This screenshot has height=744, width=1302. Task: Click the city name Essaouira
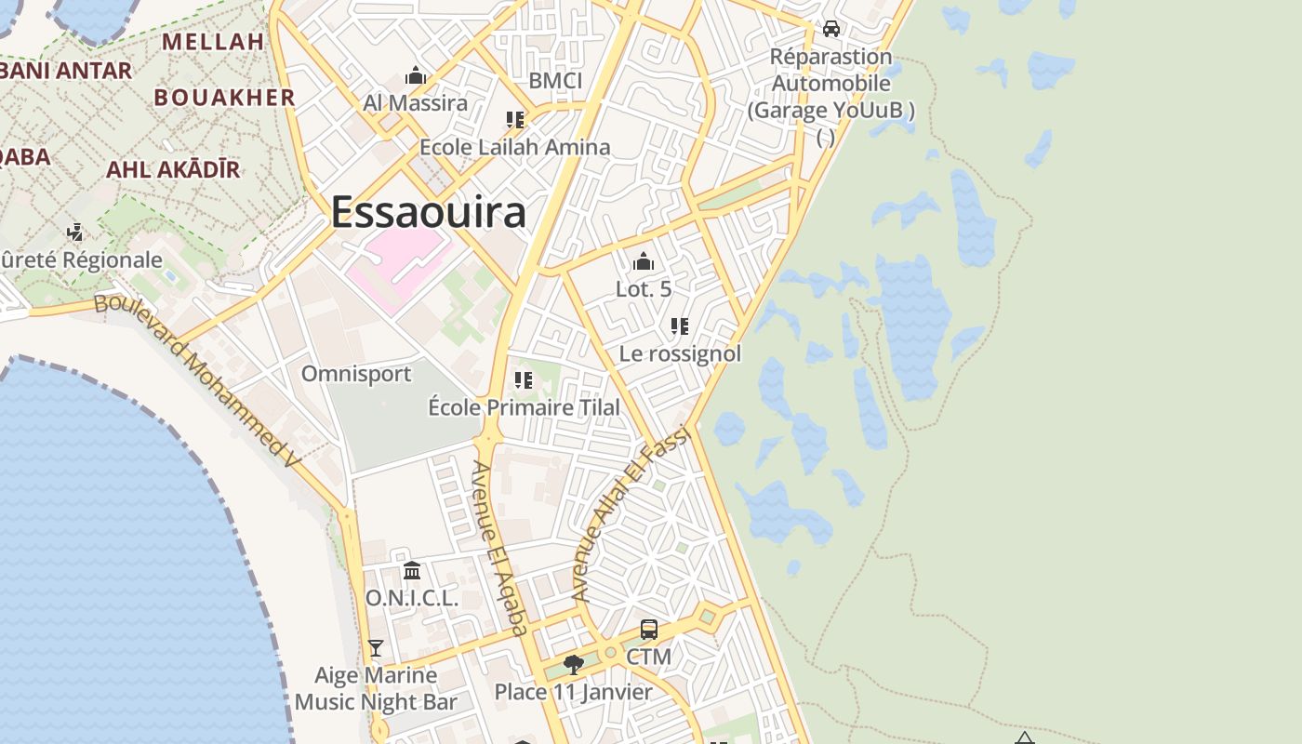coord(429,212)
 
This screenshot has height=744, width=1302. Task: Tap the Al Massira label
coord(415,102)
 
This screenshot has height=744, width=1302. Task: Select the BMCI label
coord(555,81)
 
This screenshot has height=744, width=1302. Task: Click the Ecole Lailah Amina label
coord(515,147)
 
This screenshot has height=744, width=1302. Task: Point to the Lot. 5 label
coord(644,288)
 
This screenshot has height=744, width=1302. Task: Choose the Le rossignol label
coord(681,353)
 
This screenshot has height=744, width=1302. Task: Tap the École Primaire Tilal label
coord(524,406)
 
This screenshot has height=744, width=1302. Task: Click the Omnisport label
coord(356,374)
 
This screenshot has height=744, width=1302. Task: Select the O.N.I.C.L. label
coord(412,598)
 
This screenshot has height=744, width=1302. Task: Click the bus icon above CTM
coord(649,630)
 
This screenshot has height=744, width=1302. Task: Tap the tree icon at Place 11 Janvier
coord(574,664)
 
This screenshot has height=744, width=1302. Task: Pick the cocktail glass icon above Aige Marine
coord(376,647)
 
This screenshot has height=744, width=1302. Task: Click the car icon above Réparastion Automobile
coord(831,29)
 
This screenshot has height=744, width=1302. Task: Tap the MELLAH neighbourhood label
coord(213,42)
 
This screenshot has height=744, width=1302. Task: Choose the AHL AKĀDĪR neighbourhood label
coord(173,169)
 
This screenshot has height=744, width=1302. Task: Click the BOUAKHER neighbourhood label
coord(224,97)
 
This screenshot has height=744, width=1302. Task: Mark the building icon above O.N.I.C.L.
coord(412,570)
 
